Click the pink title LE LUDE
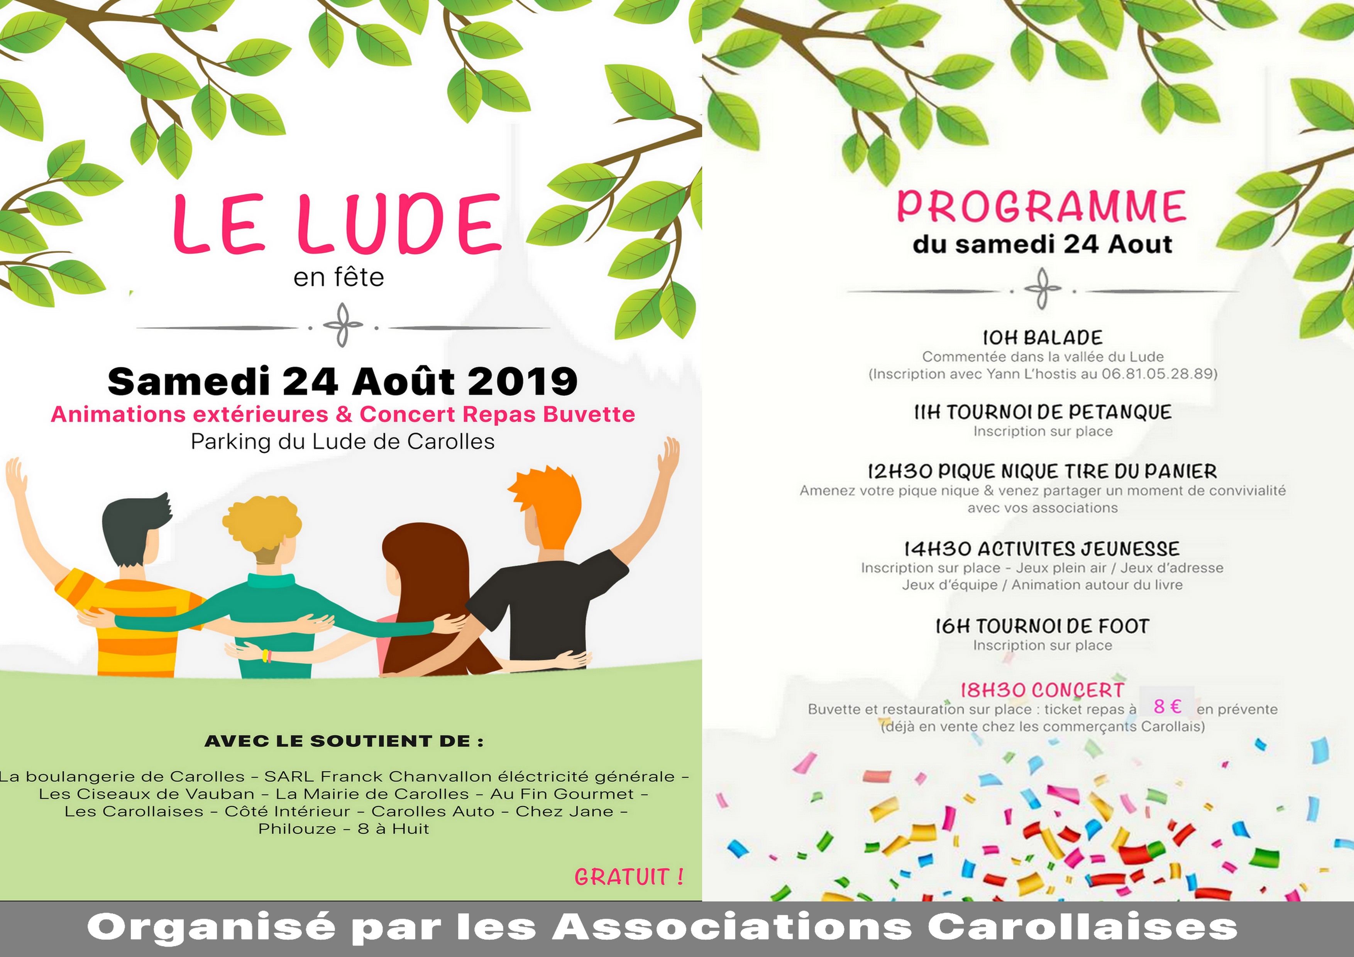pos(337,225)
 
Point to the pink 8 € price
pos(1167,707)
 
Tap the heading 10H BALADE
pos(1042,338)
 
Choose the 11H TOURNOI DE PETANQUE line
pos(1042,412)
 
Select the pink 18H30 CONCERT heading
pos(1042,690)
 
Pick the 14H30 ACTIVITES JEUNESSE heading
pos(1042,549)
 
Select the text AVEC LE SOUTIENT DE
pos(344,741)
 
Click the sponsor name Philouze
pos(297,828)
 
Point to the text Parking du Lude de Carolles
pos(343,441)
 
